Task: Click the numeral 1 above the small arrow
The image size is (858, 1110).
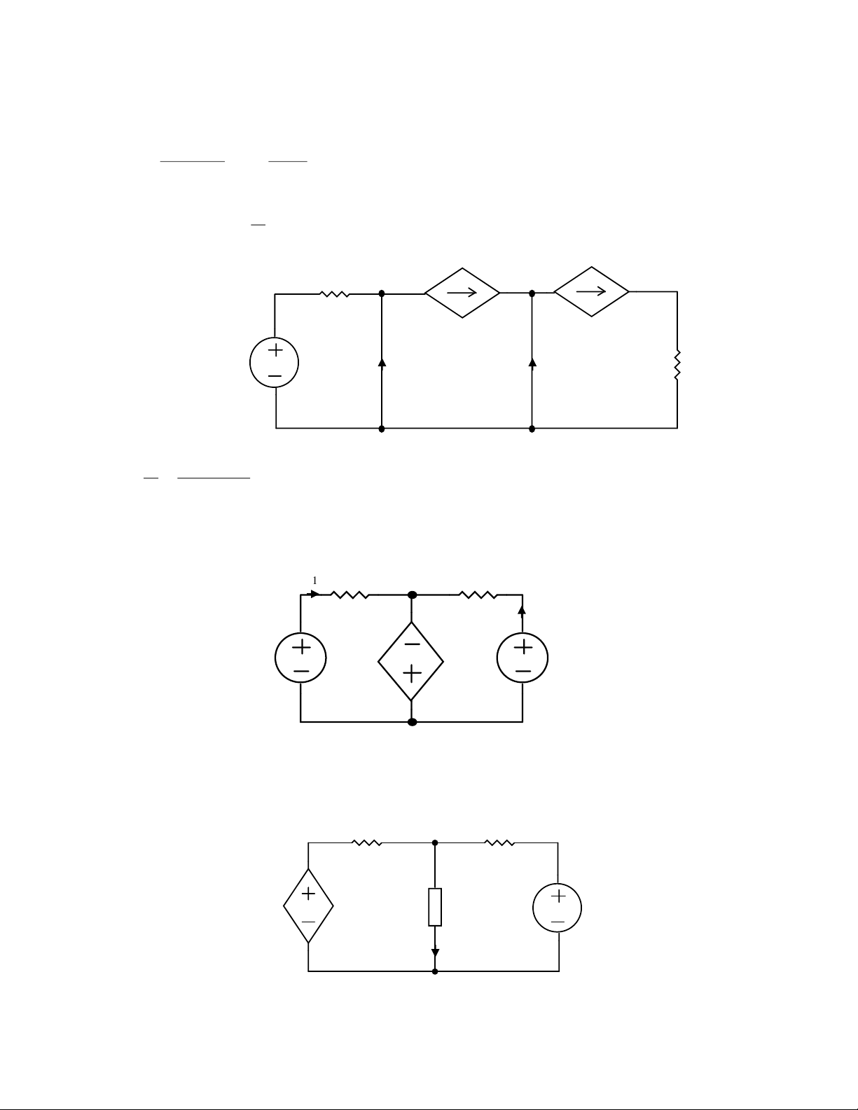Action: click(x=314, y=581)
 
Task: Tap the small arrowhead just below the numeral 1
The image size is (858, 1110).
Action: click(x=314, y=594)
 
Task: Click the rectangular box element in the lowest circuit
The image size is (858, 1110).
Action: click(x=435, y=907)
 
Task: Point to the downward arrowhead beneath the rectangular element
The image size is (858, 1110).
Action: click(x=435, y=952)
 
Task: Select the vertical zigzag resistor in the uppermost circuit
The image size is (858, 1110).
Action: click(x=677, y=365)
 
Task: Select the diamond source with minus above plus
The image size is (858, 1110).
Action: click(x=410, y=661)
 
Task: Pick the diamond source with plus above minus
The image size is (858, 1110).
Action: click(x=308, y=906)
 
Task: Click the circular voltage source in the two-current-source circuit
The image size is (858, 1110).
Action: click(x=275, y=363)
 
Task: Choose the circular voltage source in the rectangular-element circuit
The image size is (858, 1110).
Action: click(x=558, y=908)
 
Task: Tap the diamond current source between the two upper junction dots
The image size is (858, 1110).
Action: click(x=462, y=293)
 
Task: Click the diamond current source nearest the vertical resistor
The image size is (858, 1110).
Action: click(x=591, y=291)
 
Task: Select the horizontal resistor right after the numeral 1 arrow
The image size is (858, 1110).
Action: click(x=350, y=595)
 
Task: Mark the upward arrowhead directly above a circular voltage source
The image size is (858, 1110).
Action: click(x=522, y=610)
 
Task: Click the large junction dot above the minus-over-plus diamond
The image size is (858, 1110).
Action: click(x=412, y=595)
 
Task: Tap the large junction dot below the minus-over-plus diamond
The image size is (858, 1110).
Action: click(x=412, y=722)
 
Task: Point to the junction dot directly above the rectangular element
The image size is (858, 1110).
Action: click(x=435, y=842)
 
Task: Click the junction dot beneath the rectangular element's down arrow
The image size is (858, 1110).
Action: click(x=435, y=971)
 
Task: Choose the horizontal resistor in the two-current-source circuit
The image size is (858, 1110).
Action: click(x=335, y=293)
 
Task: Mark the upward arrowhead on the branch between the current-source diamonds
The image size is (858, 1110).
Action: click(x=532, y=362)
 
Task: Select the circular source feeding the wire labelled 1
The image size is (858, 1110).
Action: click(x=300, y=658)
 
